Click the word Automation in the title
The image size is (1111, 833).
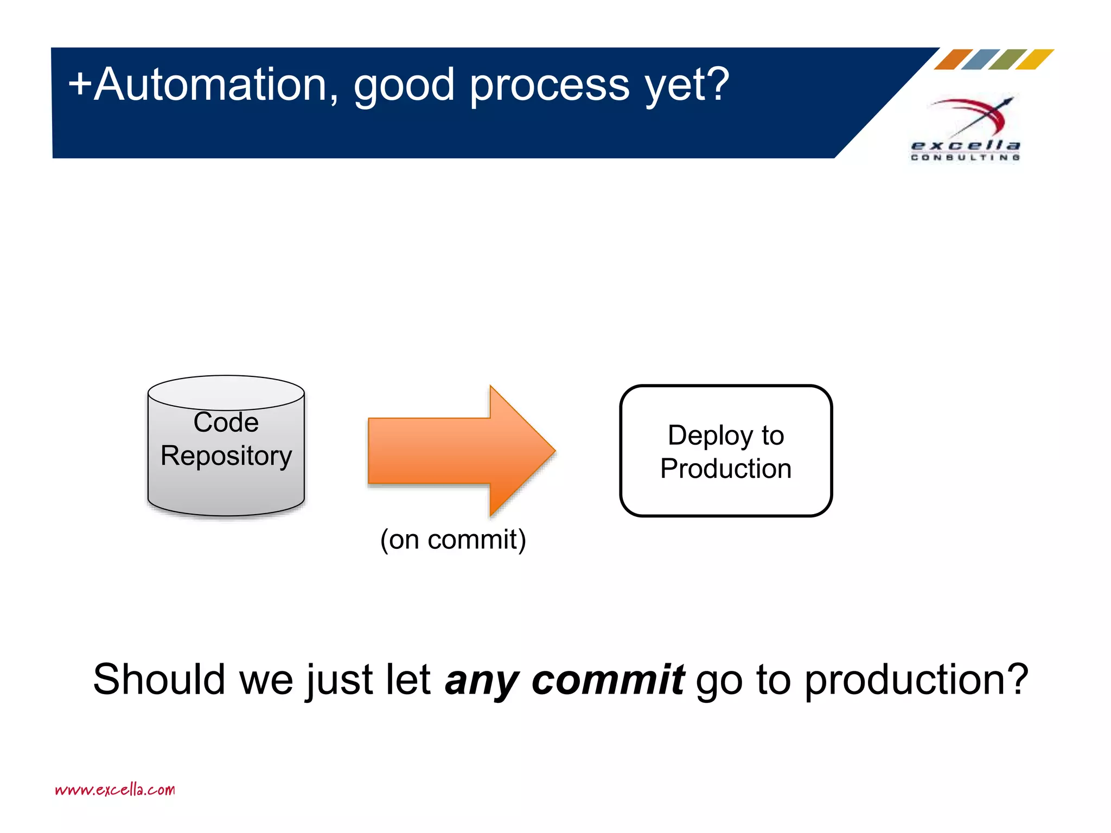(209, 85)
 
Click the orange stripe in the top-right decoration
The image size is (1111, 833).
(953, 59)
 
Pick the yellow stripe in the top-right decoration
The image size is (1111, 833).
(1035, 59)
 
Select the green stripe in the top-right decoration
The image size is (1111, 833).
(1007, 59)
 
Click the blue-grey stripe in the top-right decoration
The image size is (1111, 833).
(980, 59)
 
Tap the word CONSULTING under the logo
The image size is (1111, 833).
(965, 157)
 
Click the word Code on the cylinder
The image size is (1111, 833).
(226, 422)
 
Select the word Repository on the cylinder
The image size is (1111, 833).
(226, 456)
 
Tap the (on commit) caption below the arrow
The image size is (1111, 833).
(453, 540)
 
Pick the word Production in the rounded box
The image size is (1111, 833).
(726, 469)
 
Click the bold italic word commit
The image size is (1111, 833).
(608, 680)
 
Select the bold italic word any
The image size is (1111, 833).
(481, 681)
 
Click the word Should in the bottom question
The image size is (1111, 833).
(158, 680)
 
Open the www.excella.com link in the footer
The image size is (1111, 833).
(115, 790)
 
